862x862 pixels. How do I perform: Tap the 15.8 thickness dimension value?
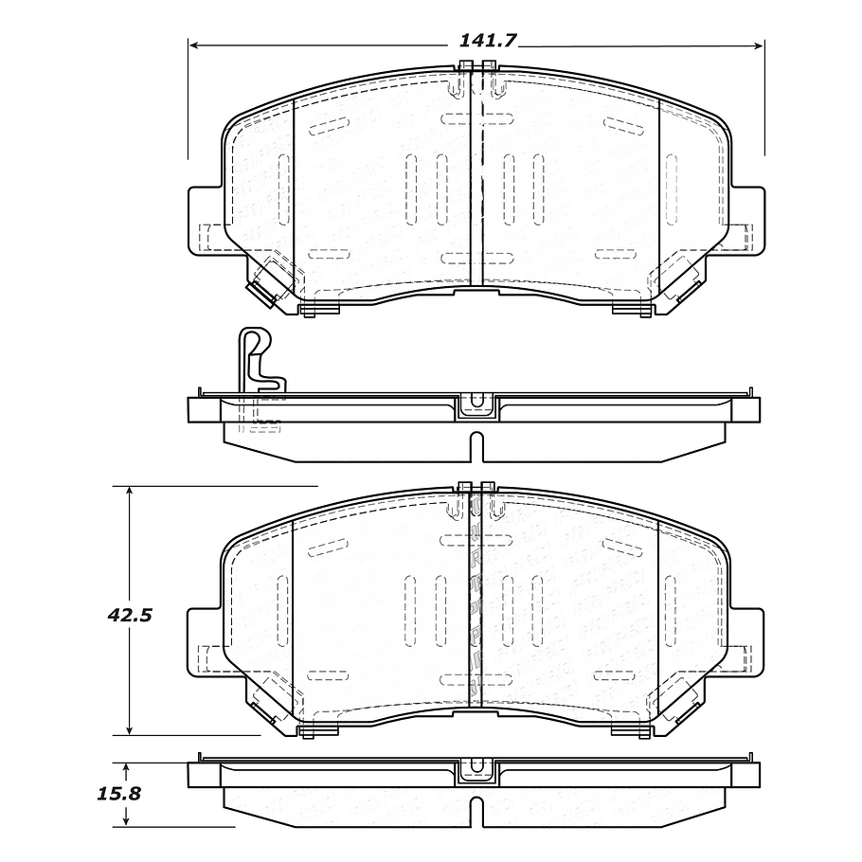pos(121,794)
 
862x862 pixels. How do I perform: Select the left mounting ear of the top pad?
pos(204,220)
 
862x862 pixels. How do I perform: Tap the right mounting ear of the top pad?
pos(748,220)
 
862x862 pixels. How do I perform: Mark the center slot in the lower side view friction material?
pos(476,811)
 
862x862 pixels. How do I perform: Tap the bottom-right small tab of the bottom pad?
pos(632,729)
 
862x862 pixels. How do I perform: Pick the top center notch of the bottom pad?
pos(476,487)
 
